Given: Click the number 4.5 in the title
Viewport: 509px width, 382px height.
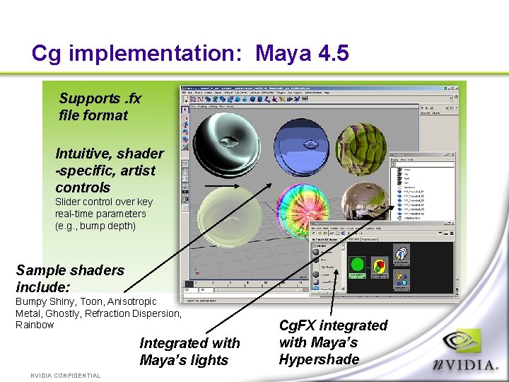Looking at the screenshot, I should point(332,54).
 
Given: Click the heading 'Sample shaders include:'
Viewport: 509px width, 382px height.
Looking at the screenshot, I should point(69,279).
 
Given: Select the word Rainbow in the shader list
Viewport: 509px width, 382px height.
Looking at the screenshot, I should point(35,325).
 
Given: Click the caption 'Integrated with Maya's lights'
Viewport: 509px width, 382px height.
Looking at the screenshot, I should point(189,352).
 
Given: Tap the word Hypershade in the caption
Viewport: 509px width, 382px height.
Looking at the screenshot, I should point(319,359).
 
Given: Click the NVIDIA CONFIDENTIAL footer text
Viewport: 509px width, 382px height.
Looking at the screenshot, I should point(65,376).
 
